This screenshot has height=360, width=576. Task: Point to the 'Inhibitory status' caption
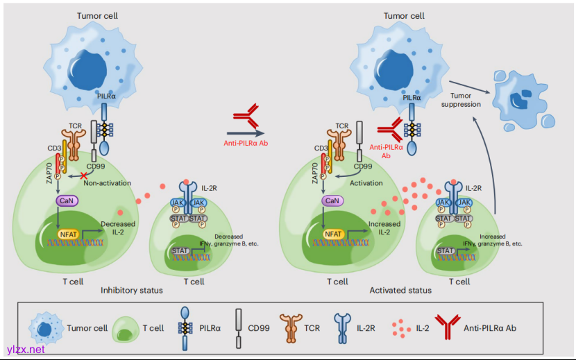(x=132, y=290)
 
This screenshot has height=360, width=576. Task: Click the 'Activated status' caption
(x=400, y=290)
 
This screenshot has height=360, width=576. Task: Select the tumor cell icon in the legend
(x=45, y=327)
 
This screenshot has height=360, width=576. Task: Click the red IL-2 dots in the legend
(x=400, y=327)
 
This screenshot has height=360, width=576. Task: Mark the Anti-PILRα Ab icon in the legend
(x=446, y=327)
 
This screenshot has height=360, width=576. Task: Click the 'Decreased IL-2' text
(x=117, y=228)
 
